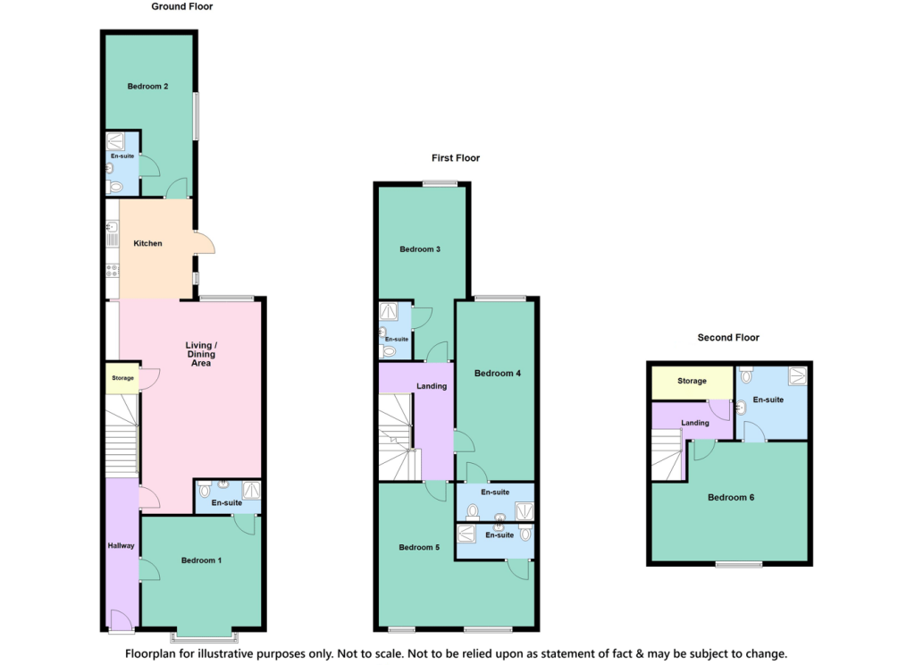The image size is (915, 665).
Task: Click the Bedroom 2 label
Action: [x=147, y=87]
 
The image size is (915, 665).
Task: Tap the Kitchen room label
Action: [x=147, y=243]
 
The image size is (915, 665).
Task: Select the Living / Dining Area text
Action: [x=201, y=354]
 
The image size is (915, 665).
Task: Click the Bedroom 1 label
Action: [x=201, y=560]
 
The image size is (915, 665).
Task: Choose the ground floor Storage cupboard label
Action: [x=122, y=378]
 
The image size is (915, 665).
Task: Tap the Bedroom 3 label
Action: [x=419, y=249]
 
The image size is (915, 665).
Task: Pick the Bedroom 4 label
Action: [x=497, y=374]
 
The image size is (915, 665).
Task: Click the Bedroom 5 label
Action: [x=419, y=548]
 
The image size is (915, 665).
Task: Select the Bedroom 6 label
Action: [x=731, y=498]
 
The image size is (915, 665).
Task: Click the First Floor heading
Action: [x=456, y=158]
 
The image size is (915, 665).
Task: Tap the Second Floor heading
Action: [x=728, y=338]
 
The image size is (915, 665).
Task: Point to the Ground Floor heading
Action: [x=181, y=6]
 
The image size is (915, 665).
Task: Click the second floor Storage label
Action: [x=692, y=382]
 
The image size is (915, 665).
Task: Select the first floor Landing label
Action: [x=432, y=386]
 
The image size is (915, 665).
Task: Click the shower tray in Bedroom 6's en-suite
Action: [x=796, y=377]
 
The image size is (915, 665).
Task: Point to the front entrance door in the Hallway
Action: [x=119, y=620]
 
